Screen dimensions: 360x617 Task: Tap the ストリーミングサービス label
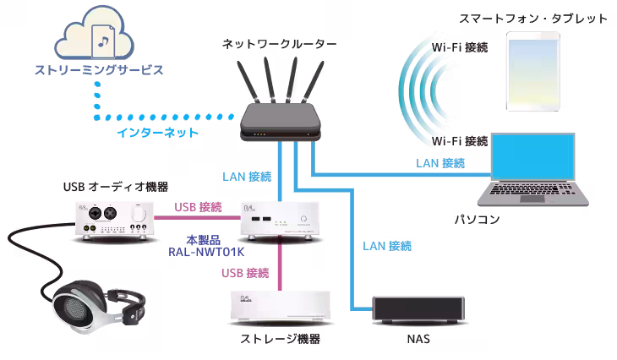(98, 70)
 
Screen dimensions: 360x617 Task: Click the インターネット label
(158, 133)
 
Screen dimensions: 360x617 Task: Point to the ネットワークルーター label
(278, 43)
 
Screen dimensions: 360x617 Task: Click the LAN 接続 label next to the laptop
(440, 162)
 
